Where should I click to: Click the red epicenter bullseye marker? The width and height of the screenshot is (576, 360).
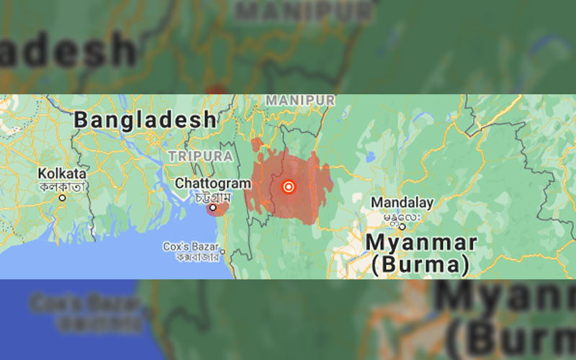tap(288, 186)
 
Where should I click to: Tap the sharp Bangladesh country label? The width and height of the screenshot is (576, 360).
tap(145, 120)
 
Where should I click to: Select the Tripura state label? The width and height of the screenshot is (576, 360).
tap(200, 156)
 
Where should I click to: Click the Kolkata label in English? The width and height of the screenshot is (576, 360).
tap(63, 174)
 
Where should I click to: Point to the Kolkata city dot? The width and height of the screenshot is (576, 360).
tap(63, 197)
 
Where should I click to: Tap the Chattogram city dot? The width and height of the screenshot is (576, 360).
tap(213, 208)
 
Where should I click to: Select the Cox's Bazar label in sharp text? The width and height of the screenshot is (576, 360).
tap(191, 246)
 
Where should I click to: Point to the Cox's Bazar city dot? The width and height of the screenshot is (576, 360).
tap(222, 251)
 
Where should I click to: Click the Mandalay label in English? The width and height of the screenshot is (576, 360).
tap(402, 202)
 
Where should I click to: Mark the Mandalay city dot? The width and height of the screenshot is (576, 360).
tap(402, 227)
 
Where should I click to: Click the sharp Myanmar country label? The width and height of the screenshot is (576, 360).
tap(421, 242)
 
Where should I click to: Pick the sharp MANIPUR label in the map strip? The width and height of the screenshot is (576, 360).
tap(300, 99)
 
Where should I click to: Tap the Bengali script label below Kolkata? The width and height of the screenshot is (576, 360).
tap(63, 186)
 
